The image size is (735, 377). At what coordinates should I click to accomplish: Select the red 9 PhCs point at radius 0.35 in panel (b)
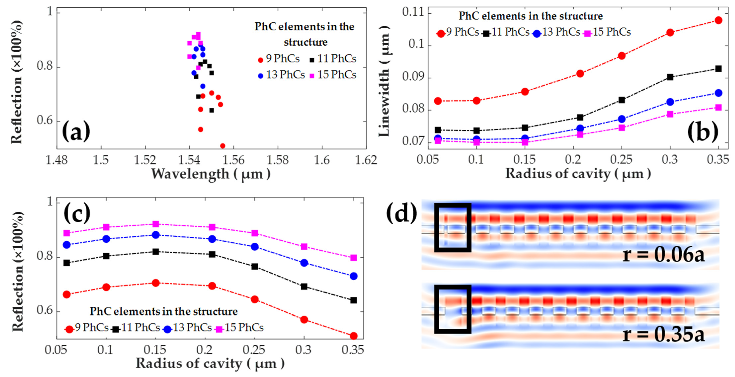click(718, 20)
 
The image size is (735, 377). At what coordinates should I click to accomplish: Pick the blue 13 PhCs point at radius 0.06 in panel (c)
click(67, 245)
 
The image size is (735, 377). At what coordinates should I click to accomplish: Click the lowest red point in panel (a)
click(223, 146)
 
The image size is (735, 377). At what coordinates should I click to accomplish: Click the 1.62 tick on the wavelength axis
click(366, 160)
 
